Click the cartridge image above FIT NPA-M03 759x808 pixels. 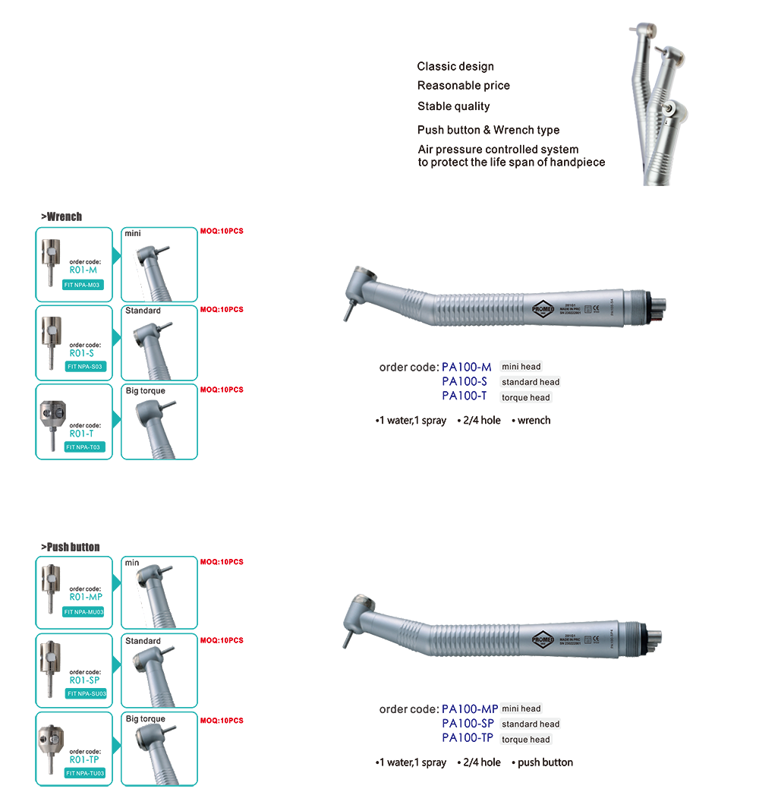click(49, 258)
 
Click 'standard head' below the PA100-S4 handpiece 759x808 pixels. click(530, 382)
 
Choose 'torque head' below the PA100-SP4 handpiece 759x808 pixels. click(525, 740)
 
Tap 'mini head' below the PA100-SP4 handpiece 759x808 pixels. click(521, 709)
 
